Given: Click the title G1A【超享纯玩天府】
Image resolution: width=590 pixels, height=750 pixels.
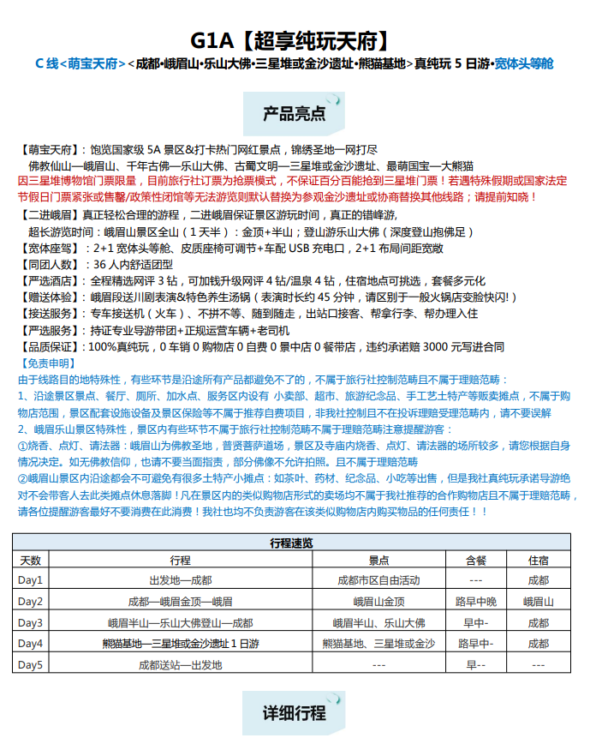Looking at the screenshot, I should (294, 39).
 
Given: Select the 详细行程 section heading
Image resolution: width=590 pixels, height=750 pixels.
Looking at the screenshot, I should (294, 713).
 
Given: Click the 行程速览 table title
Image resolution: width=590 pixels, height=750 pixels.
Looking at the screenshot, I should (291, 543).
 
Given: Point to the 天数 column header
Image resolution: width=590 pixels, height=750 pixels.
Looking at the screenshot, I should (31, 561).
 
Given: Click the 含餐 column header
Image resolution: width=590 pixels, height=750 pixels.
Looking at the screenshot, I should (475, 561).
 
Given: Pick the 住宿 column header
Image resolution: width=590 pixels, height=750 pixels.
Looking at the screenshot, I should (539, 561).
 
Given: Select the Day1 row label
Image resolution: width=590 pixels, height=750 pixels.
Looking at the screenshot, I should (31, 580).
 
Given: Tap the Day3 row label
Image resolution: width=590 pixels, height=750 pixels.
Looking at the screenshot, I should (31, 622).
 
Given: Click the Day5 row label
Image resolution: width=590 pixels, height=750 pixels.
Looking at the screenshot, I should (31, 664).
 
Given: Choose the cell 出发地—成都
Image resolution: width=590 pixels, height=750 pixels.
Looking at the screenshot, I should (180, 580).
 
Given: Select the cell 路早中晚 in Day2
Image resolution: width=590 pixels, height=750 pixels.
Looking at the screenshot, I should (475, 602).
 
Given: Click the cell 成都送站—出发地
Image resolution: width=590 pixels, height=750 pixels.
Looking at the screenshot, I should (180, 664).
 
